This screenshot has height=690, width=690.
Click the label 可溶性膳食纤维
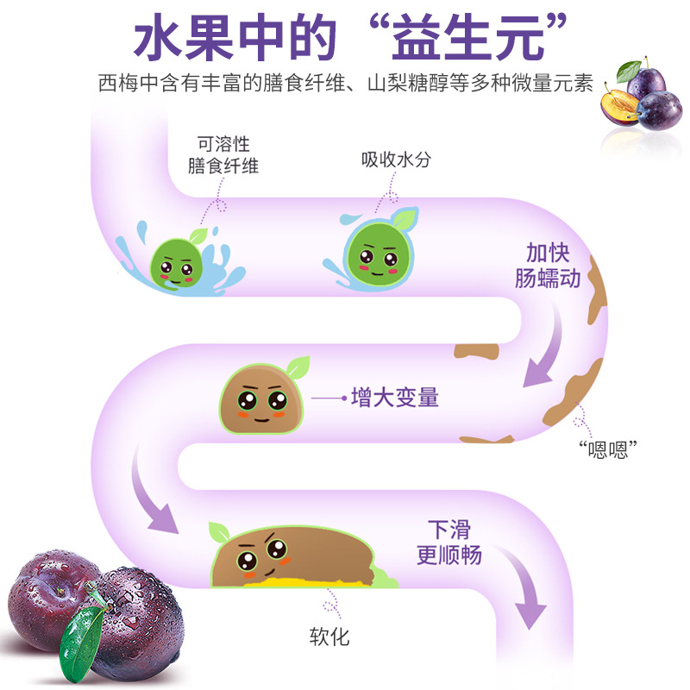[223, 155]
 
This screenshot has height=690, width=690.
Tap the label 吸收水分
[396, 160]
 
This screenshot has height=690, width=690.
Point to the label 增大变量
[395, 398]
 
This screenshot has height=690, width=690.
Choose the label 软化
[329, 637]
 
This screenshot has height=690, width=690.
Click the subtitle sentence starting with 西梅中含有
[344, 85]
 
